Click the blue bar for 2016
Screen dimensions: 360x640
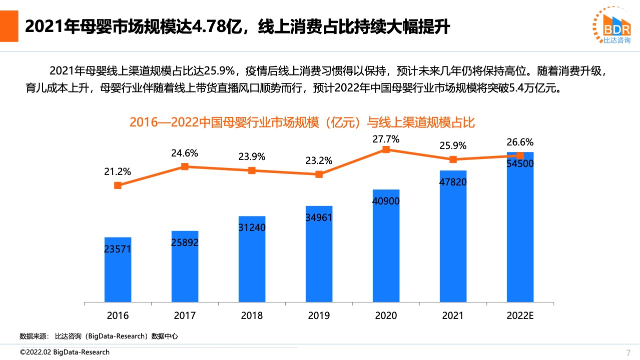pyautogui.click(x=118, y=270)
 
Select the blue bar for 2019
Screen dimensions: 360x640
pyautogui.click(x=319, y=255)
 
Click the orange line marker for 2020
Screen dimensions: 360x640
pyautogui.click(x=386, y=149)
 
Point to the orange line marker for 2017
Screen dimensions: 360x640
pyautogui.click(x=185, y=166)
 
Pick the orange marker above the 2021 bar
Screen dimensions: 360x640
pyautogui.click(x=453, y=159)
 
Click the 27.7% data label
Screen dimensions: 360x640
pyautogui.click(x=386, y=139)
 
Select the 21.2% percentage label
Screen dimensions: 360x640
pyautogui.click(x=118, y=172)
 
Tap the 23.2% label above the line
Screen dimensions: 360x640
pyautogui.click(x=319, y=161)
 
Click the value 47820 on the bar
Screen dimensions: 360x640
pyautogui.click(x=453, y=182)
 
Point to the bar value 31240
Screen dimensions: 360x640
pyautogui.click(x=252, y=227)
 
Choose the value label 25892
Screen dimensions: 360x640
pyautogui.click(x=185, y=243)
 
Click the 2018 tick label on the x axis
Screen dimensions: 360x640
pyautogui.click(x=252, y=315)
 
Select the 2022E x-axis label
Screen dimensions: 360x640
pyautogui.click(x=520, y=315)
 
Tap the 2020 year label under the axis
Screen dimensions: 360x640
pyautogui.click(x=386, y=315)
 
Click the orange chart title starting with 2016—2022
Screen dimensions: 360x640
pyautogui.click(x=302, y=122)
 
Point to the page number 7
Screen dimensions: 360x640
pyautogui.click(x=628, y=352)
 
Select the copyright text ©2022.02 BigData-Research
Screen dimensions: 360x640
pyautogui.click(x=65, y=352)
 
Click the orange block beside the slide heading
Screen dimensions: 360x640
pyautogui.click(x=9, y=26)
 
